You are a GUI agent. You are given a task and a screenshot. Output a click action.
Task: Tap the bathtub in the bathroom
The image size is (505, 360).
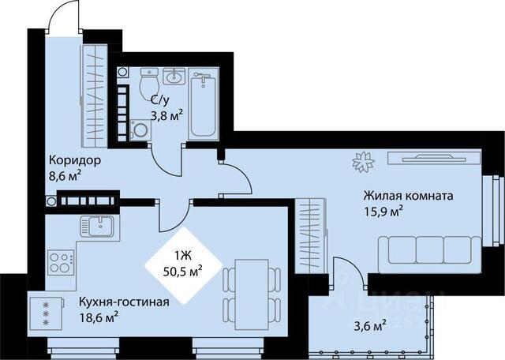204,103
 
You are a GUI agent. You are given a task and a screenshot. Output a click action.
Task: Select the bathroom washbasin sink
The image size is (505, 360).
174,76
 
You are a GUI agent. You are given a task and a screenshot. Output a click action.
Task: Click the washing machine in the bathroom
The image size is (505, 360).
140,130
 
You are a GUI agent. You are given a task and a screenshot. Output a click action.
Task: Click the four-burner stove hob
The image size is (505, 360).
61,262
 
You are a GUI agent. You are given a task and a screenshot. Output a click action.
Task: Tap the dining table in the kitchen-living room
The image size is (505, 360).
252,294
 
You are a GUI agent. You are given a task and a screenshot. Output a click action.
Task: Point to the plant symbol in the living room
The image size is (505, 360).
363,162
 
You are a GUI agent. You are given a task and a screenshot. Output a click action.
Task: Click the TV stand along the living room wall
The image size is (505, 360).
435,158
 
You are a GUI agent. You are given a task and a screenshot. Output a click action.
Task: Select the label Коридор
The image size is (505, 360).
75,159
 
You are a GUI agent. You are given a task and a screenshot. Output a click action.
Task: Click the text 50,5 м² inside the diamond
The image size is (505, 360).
183,271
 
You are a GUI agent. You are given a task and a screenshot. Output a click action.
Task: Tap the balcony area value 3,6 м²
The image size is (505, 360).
370,326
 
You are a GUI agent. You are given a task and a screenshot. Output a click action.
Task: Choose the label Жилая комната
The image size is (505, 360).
409,195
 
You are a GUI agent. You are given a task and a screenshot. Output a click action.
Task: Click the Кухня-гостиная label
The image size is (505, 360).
125,302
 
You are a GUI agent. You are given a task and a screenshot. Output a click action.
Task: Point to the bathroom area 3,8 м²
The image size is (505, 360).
167,115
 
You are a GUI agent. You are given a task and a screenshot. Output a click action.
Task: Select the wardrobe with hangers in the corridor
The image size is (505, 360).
94,96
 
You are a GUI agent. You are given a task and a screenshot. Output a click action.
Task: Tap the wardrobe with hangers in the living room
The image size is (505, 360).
310,236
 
